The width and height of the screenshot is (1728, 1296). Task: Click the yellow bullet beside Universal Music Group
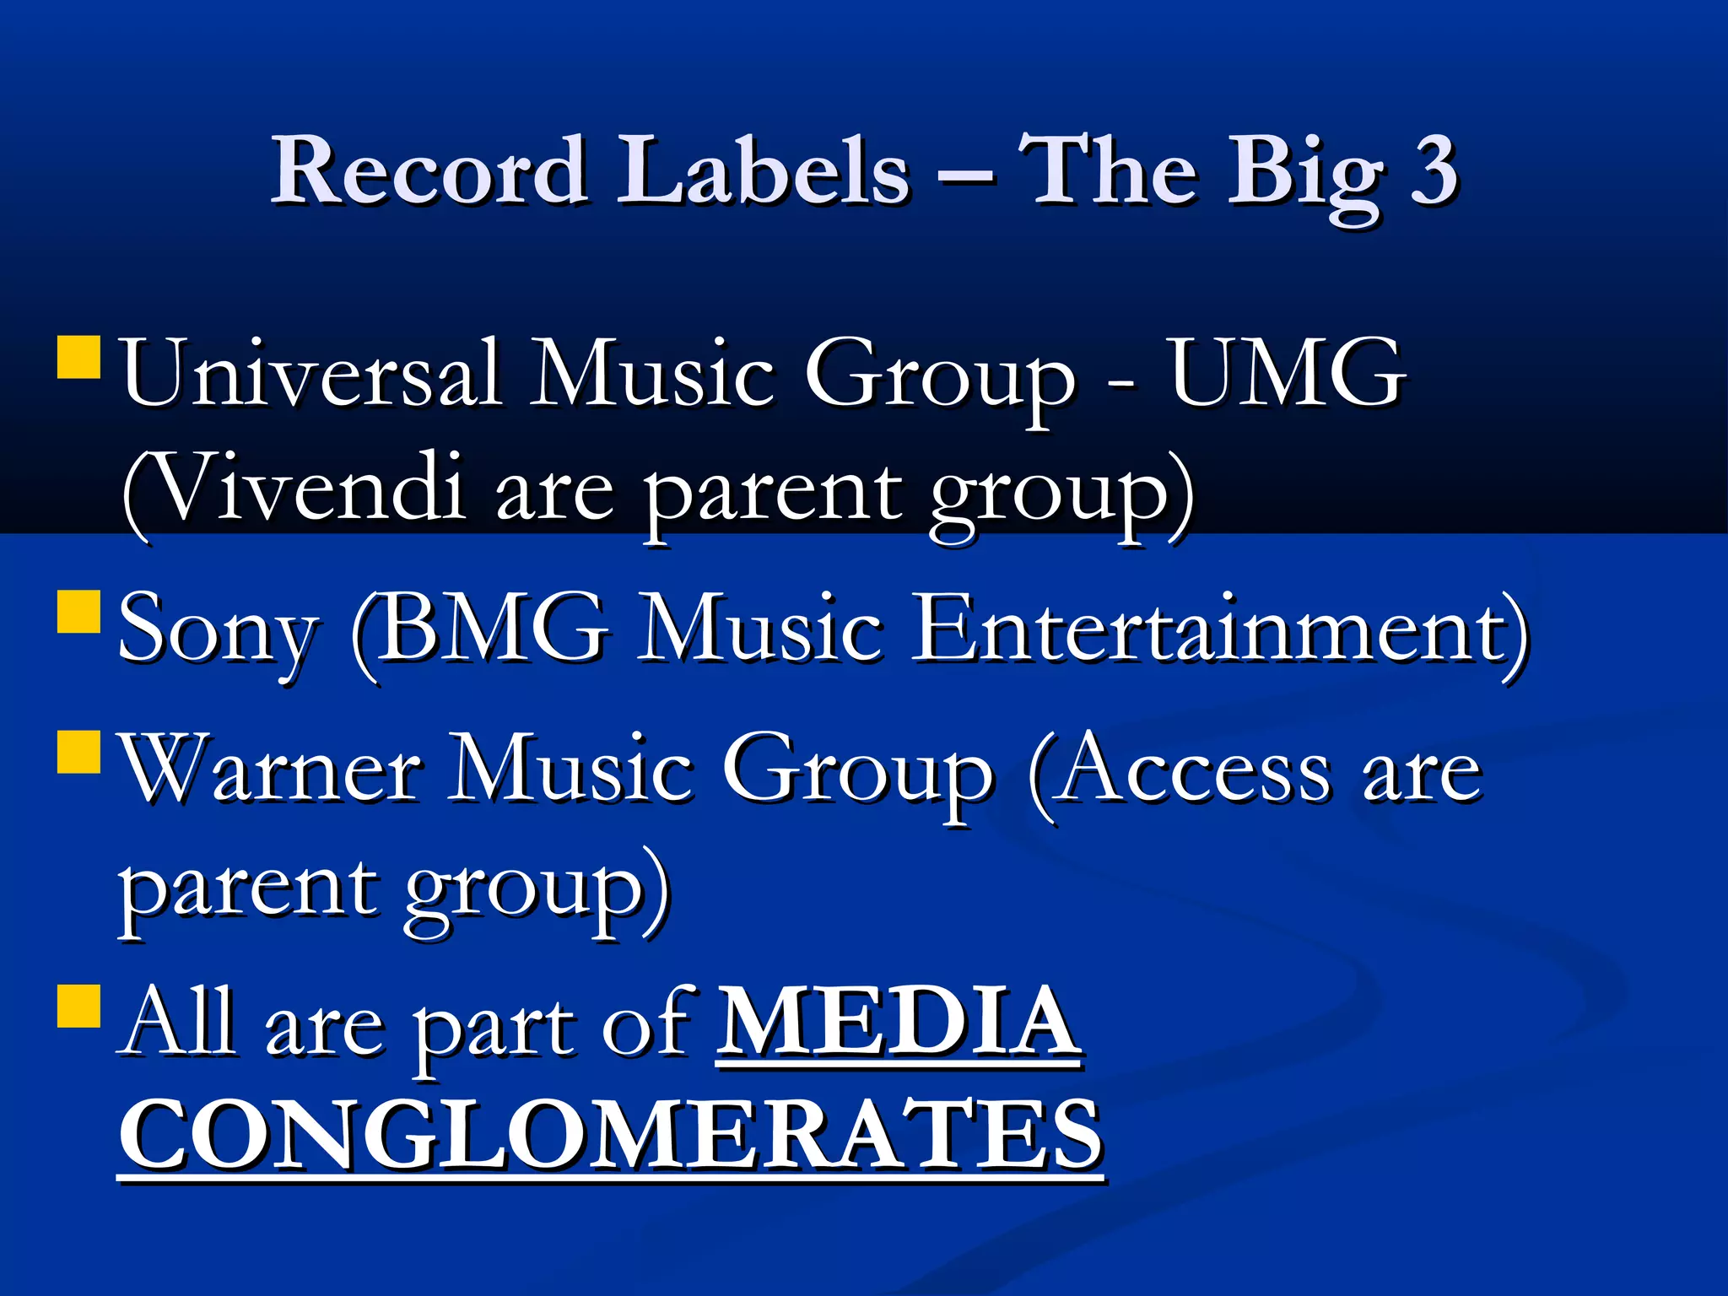click(x=79, y=358)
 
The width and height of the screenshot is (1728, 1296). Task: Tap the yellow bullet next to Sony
click(x=79, y=612)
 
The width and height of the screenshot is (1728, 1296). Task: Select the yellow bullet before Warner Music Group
click(x=79, y=752)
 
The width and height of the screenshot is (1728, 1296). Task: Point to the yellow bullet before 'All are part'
click(x=79, y=1006)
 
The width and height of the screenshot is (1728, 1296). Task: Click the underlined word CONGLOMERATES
click(x=611, y=1136)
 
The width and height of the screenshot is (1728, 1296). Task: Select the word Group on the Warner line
click(x=857, y=773)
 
